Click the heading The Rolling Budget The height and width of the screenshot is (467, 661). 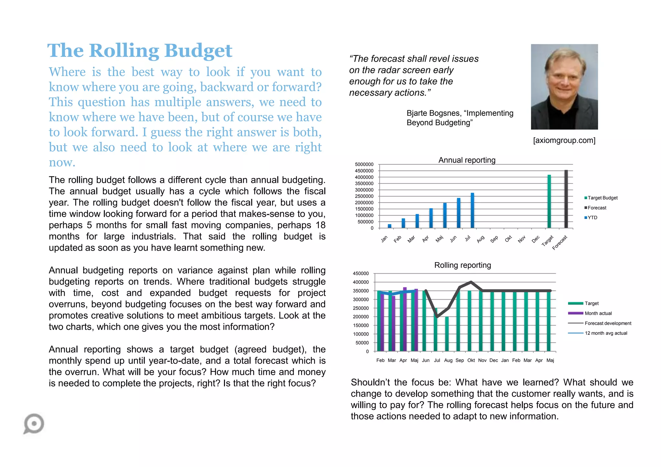140,51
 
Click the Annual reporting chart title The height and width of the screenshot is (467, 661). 467,160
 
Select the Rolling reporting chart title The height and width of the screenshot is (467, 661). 462,265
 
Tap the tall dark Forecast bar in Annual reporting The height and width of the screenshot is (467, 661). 566,199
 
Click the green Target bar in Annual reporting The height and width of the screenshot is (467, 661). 549,202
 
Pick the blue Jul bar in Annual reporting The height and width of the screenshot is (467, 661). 472,211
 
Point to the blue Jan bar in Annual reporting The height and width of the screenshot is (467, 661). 390,226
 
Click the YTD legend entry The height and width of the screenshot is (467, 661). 592,218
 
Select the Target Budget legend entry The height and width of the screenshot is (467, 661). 602,198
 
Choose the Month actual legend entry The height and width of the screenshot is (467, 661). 598,313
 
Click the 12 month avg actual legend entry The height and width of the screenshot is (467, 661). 606,333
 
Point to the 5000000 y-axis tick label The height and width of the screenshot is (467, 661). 364,164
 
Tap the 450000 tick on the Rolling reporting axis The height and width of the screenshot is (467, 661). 361,273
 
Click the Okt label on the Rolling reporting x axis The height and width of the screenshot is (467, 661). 471,360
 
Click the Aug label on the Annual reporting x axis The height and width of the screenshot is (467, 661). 481,239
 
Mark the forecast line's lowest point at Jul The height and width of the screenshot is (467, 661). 437,317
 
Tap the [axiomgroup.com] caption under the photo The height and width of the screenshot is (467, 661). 564,140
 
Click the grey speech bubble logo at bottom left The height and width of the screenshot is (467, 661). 34,423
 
